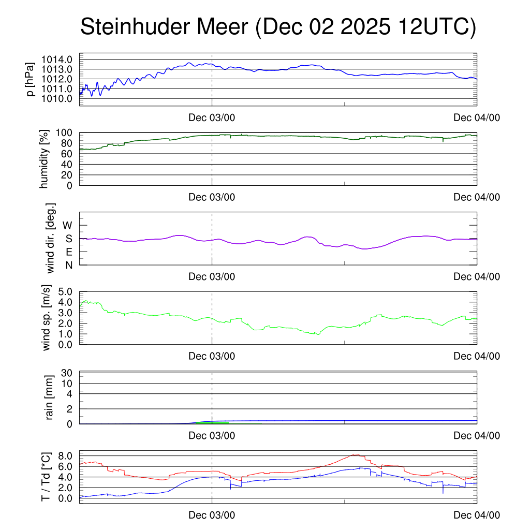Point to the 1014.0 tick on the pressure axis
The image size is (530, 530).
coord(62,60)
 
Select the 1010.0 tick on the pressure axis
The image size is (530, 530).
coord(62,98)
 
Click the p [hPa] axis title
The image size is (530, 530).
coord(32,79)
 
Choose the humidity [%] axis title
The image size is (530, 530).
coord(45,159)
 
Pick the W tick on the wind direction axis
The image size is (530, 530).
coord(67,225)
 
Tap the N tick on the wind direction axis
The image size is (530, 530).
coord(68,265)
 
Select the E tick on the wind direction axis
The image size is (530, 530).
coord(68,252)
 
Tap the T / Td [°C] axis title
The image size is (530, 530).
coord(46,477)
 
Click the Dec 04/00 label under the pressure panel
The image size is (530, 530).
coord(477,117)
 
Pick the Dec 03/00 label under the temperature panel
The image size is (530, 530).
coord(212,515)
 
